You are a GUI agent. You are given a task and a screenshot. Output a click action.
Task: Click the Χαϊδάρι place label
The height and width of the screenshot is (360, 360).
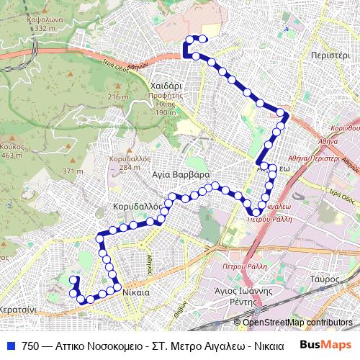tap(166, 84)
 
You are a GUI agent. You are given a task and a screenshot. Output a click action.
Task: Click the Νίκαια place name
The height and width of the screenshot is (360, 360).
tap(135, 293)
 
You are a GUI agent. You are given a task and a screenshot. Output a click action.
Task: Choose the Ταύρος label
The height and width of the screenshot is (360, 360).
tap(325, 278)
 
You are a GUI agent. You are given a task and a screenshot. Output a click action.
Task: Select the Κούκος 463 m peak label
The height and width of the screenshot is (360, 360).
tap(12, 150)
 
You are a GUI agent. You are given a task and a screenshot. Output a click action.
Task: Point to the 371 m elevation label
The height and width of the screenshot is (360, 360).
tap(72, 171)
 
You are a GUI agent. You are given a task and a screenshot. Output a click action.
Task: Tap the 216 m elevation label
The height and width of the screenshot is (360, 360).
tap(117, 97)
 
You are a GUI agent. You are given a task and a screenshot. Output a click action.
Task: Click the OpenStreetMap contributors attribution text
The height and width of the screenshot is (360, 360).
tap(297, 323)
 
